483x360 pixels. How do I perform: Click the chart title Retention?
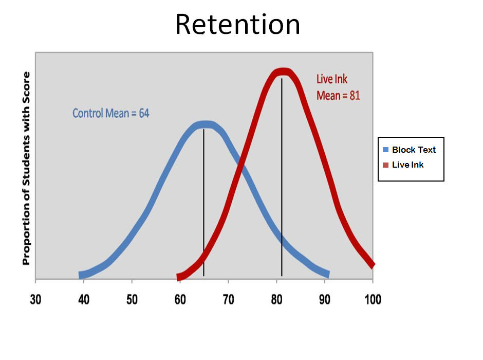(x=237, y=24)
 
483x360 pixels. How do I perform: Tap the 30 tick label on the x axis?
(x=35, y=299)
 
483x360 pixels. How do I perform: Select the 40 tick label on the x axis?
(x=84, y=299)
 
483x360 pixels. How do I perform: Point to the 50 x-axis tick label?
(x=132, y=299)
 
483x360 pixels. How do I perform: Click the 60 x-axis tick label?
(x=180, y=299)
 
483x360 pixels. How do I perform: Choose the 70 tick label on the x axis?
(x=228, y=299)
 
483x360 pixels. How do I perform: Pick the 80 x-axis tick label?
(x=276, y=299)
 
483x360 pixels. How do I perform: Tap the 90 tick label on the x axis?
(x=325, y=299)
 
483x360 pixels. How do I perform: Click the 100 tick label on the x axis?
(x=373, y=299)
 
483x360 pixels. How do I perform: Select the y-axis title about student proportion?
(x=27, y=168)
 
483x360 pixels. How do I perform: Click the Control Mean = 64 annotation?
(x=111, y=114)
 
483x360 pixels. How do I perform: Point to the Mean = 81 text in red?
(x=338, y=96)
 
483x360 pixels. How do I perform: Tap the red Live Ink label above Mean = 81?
(x=332, y=79)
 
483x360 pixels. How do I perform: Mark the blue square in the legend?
(x=385, y=150)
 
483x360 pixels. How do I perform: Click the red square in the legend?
(x=385, y=165)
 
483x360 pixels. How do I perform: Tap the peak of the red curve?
(x=283, y=71)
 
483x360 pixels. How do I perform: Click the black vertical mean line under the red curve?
(x=282, y=177)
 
